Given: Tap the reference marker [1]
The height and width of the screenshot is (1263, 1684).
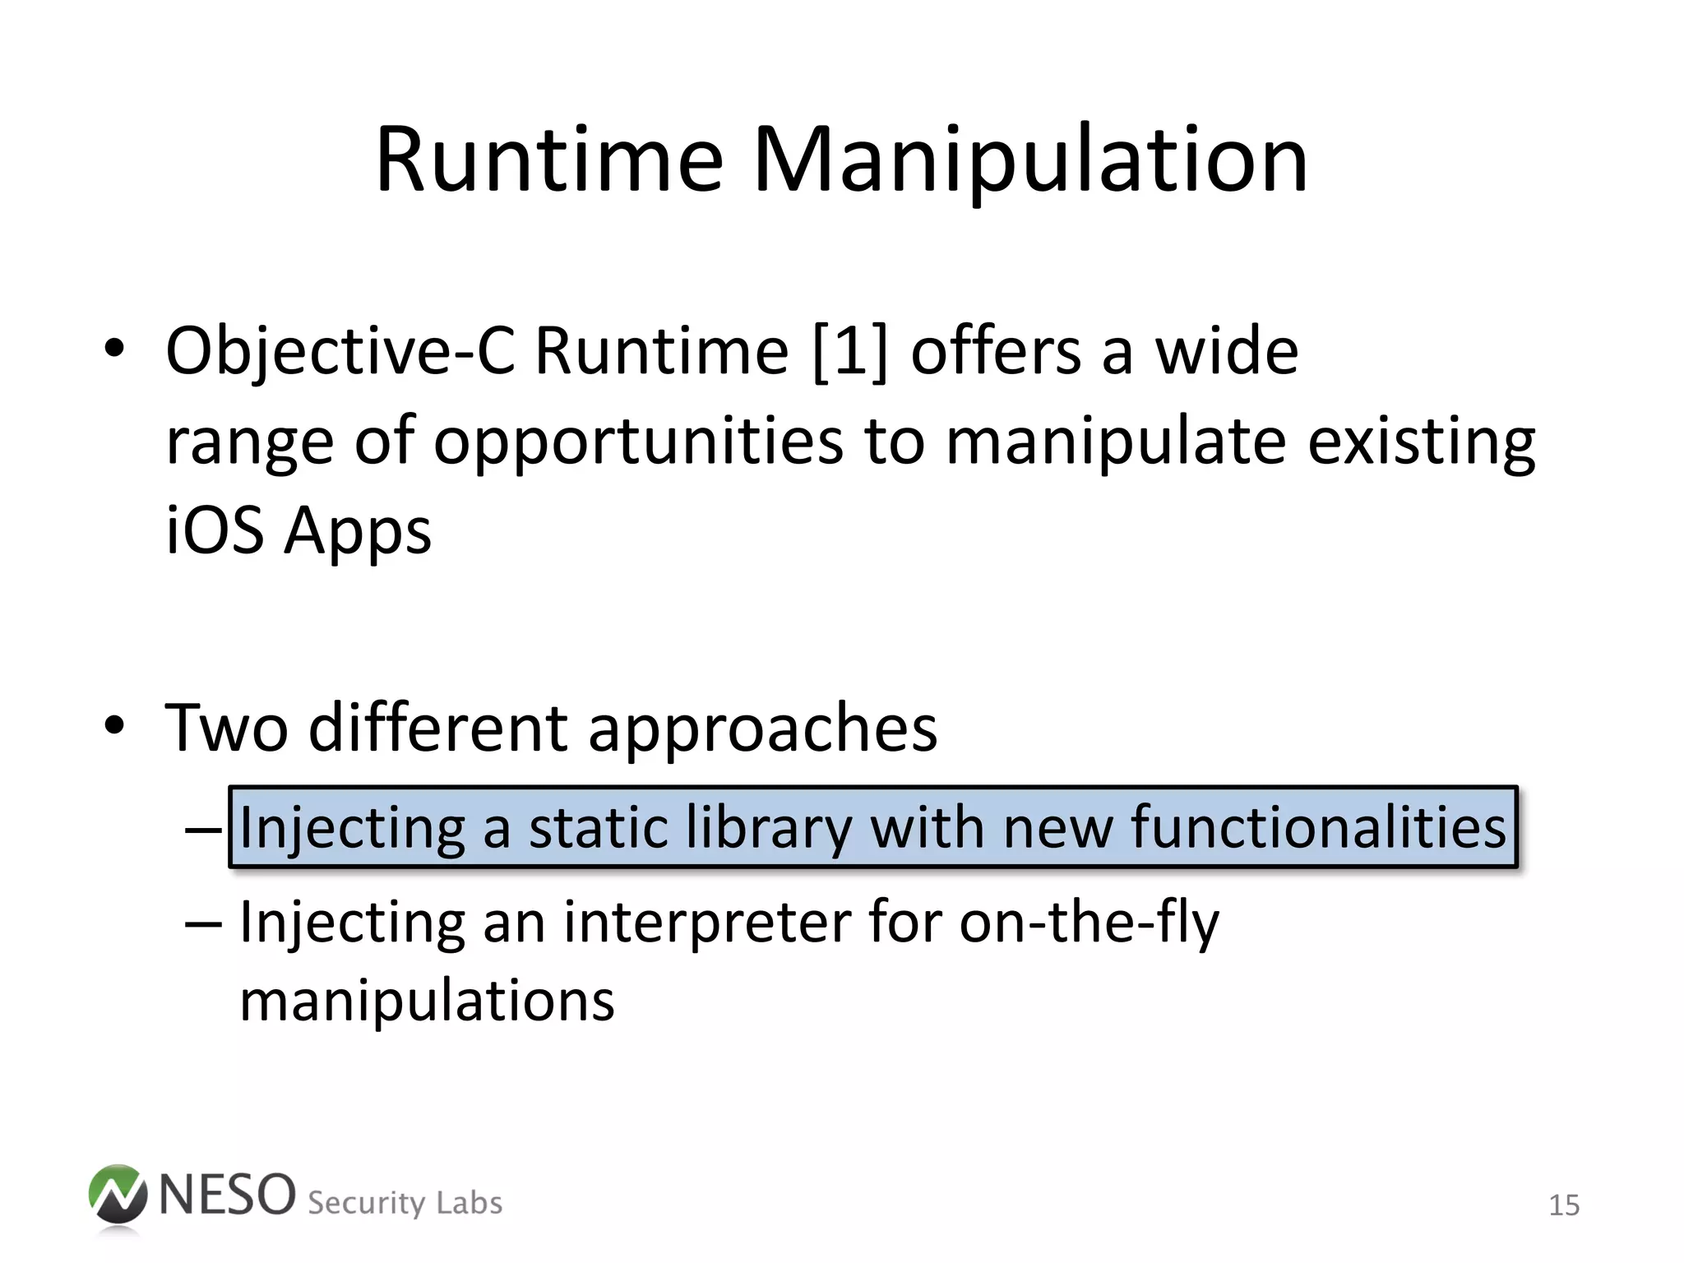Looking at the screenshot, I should point(850,352).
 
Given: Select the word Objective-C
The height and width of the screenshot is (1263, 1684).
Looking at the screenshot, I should point(340,352).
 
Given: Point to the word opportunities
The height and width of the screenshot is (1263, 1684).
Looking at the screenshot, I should point(638,442).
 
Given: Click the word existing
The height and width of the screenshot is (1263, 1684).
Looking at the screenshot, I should point(1421,442).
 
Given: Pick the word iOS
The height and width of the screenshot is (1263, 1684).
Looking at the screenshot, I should point(215,530).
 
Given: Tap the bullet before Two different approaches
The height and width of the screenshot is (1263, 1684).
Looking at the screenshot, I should point(114,725).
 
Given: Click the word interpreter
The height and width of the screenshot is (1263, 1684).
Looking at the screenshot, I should point(708,923).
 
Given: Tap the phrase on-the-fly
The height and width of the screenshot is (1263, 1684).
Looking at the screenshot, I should point(1090,923).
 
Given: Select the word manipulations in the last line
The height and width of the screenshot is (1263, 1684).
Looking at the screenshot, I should point(427,1001).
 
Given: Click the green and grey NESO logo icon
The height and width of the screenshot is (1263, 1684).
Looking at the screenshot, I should point(118,1196).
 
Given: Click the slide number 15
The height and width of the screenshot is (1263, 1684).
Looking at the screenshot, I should point(1564,1205).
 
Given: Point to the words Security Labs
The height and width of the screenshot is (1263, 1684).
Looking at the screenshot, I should point(405,1203).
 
